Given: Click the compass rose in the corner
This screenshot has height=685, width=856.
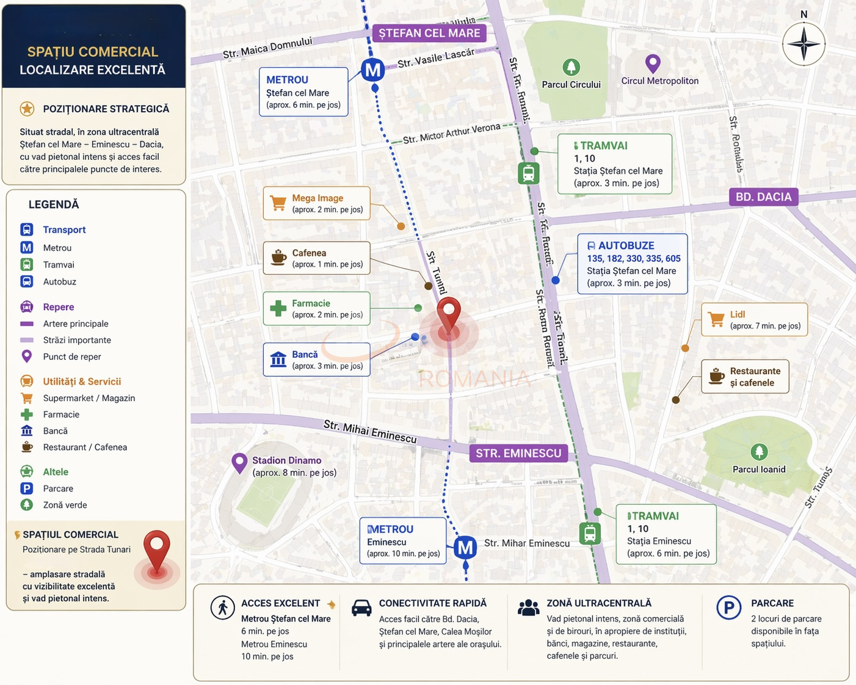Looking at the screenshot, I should click(803, 44).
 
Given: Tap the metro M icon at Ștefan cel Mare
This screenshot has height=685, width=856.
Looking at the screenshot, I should click(372, 70).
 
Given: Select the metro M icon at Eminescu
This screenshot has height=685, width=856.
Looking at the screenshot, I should click(465, 548).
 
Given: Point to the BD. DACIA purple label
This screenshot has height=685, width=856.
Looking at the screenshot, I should click(763, 197).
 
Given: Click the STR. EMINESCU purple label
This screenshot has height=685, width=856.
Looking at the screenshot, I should click(518, 453).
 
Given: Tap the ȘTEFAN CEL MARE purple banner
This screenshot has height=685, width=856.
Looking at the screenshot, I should click(429, 33).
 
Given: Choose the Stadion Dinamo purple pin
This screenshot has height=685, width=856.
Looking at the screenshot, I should click(239, 463).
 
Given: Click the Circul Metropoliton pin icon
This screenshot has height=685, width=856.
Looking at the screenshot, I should click(653, 63).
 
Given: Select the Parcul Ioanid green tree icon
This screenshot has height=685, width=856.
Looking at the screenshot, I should click(759, 452).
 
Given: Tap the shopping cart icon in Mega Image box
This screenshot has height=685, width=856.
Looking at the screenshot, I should click(278, 203).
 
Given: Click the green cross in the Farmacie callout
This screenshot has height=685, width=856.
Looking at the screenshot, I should click(278, 308).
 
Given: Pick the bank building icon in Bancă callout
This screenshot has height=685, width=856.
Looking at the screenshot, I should click(278, 360).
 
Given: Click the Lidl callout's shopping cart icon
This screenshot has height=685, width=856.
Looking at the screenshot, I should click(716, 319).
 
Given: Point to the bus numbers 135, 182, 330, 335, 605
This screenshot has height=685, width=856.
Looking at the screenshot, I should click(634, 258).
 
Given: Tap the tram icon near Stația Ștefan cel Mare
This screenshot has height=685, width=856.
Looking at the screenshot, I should click(529, 173).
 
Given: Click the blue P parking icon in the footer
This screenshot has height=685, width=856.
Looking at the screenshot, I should click(728, 608).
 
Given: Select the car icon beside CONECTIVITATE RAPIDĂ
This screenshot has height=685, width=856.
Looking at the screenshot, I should click(361, 608).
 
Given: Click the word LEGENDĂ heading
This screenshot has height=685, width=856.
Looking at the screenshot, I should click(54, 205).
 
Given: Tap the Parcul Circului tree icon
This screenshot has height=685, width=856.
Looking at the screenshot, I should click(571, 67).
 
